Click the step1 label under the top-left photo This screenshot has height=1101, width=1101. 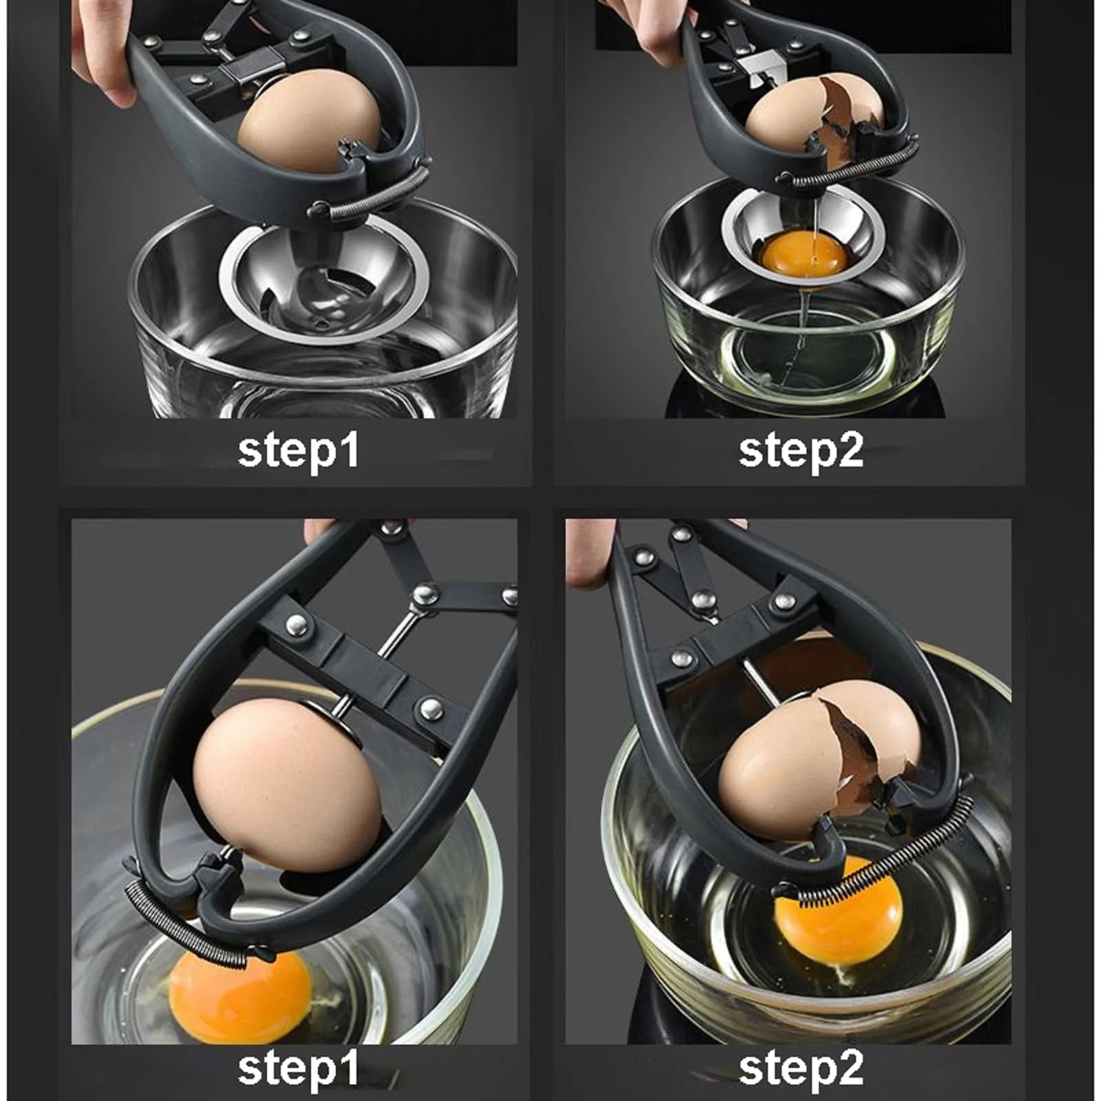click(299, 451)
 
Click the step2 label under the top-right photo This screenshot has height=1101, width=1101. click(801, 451)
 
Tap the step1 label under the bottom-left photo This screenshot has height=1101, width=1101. click(299, 1069)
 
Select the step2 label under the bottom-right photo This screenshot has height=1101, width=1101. click(801, 1069)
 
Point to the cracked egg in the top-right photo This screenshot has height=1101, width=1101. click(815, 117)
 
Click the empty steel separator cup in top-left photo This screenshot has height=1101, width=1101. click(323, 282)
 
